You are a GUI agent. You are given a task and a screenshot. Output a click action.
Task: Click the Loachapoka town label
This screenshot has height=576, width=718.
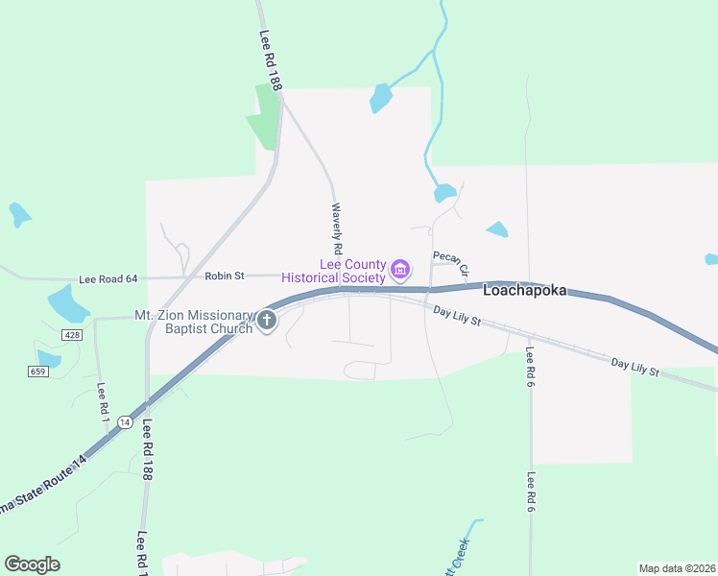[x=525, y=290]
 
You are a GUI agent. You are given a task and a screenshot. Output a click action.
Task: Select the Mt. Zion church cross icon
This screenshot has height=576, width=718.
[x=267, y=321]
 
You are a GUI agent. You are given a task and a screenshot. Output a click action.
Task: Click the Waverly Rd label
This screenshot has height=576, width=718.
[x=338, y=228]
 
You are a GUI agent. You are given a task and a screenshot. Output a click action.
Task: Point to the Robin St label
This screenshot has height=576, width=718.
[x=225, y=276]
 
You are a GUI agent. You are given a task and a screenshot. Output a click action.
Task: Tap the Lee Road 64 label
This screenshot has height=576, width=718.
[x=108, y=278]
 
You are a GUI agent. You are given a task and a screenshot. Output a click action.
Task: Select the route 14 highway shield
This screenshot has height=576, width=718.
[x=125, y=421]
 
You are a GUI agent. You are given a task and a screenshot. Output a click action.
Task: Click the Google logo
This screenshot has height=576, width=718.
[x=33, y=564]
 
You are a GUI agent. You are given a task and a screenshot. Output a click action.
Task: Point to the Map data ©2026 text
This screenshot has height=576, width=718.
[x=677, y=568]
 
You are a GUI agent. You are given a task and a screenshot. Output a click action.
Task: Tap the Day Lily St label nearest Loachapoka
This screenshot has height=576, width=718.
[x=456, y=314]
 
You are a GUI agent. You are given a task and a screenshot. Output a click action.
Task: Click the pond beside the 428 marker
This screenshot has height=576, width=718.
[x=67, y=303]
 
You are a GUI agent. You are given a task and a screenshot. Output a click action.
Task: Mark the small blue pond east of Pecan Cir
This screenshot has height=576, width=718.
[x=497, y=228]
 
